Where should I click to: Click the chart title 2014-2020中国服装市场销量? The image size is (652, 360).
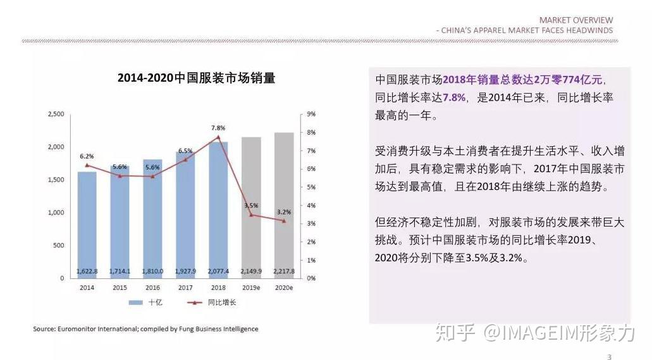196,78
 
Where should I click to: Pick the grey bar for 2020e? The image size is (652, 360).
284,209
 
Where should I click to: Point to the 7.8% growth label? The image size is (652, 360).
218,128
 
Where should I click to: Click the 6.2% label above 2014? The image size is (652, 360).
87,156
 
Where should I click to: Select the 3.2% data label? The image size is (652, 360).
284,212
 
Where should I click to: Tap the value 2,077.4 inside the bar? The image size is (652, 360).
218,271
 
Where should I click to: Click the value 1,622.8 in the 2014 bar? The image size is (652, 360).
87,271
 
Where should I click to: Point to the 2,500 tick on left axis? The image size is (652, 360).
56,115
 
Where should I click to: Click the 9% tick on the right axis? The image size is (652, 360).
311,115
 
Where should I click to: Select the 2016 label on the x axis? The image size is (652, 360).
152,288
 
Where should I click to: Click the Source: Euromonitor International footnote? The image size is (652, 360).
145,329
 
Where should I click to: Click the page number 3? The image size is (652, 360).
609,357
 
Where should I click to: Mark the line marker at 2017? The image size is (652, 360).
185,160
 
